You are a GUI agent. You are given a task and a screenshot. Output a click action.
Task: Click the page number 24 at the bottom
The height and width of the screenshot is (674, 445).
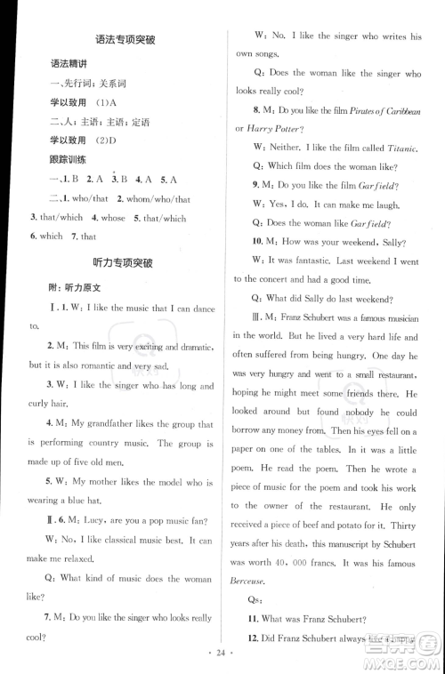click(x=222, y=654)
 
